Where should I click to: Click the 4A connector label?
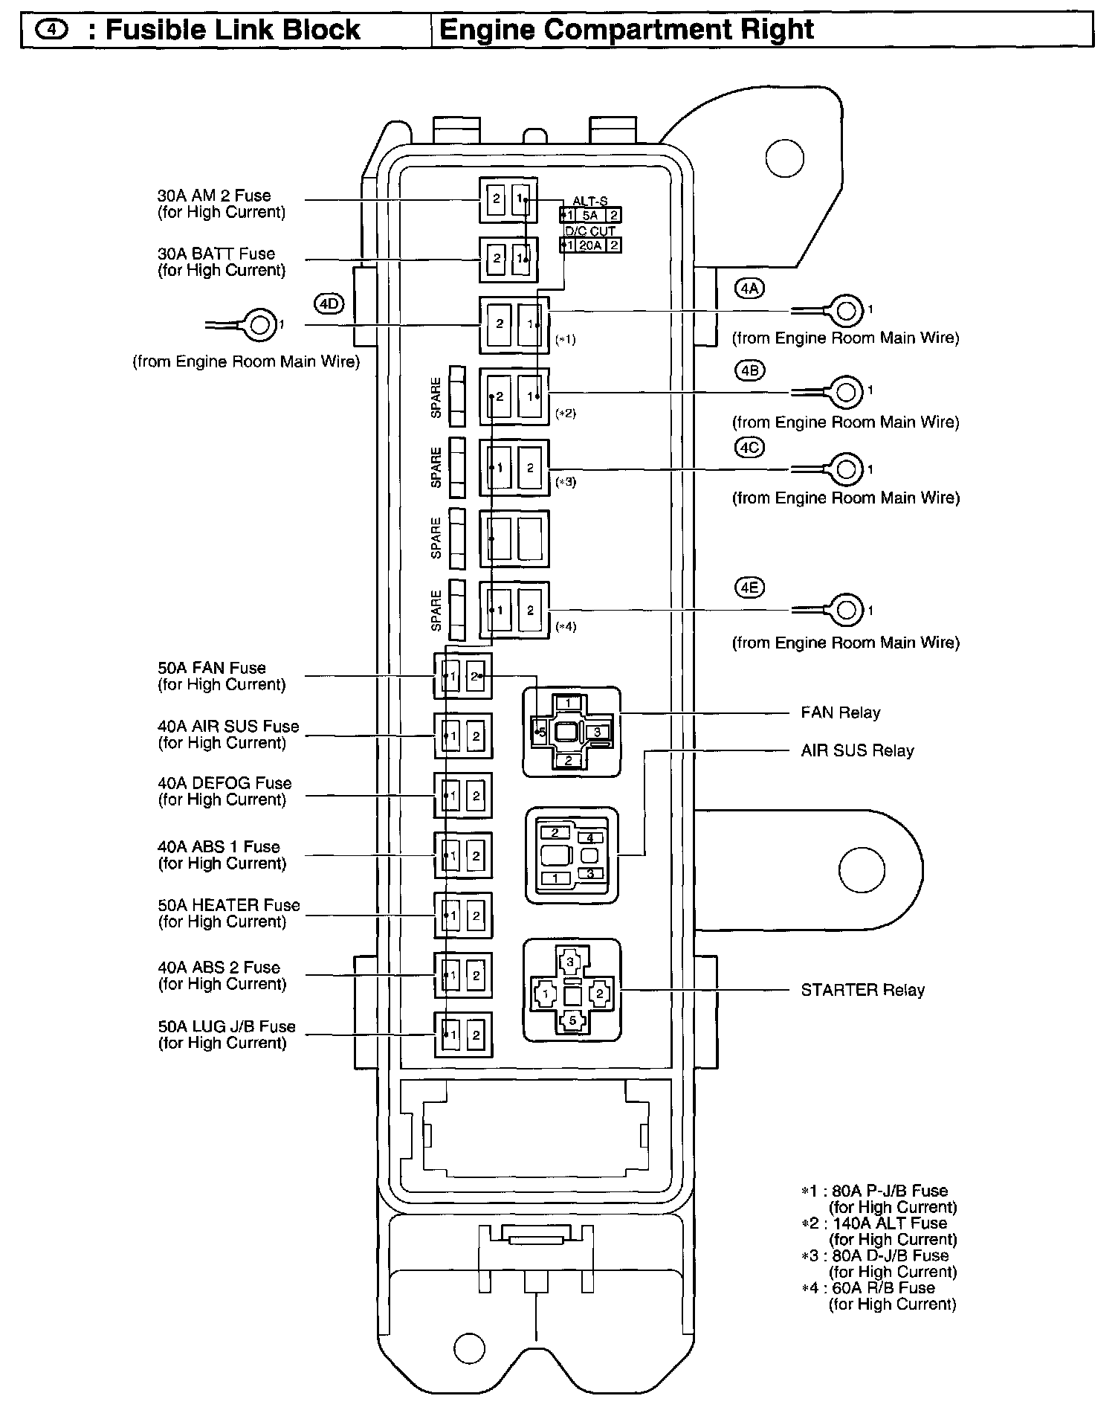click(749, 289)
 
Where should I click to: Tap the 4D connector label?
click(329, 304)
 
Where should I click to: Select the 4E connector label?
click(749, 588)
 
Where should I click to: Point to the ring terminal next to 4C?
click(844, 469)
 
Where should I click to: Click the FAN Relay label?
click(840, 712)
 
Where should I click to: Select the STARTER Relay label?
click(862, 990)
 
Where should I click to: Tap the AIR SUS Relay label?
click(857, 750)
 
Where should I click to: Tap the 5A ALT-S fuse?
click(591, 216)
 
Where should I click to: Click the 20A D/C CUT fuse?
click(591, 245)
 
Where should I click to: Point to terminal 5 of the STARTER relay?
click(572, 1020)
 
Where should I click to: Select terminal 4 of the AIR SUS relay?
click(590, 838)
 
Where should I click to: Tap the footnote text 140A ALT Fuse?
click(889, 1223)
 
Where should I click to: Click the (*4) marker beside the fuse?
click(566, 626)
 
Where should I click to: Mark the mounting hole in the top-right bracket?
click(785, 158)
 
